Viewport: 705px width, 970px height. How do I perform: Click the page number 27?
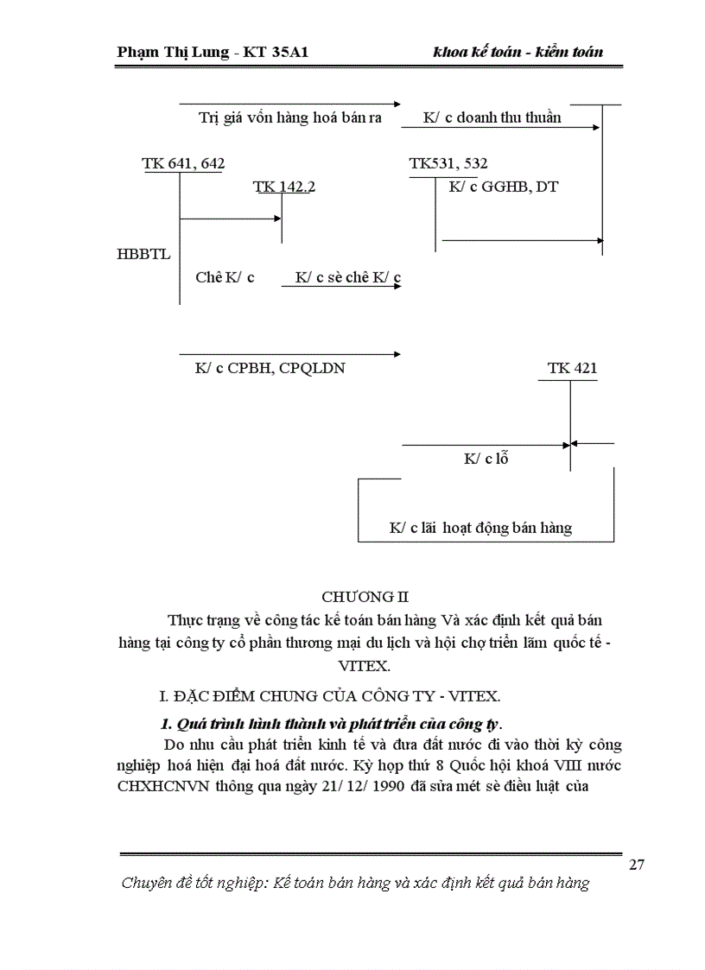point(637,865)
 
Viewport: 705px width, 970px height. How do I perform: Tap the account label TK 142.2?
point(283,187)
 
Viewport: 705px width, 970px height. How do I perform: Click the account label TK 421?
point(572,368)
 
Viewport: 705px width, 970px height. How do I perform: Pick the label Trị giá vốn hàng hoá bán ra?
point(289,117)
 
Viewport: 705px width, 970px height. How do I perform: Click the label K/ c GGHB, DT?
point(504,186)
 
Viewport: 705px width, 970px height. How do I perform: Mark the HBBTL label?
point(143,255)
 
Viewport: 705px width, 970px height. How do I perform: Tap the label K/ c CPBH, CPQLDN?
point(270,368)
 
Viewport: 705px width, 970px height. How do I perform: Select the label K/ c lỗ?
point(486,459)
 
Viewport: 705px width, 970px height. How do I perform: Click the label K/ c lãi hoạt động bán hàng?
point(480,527)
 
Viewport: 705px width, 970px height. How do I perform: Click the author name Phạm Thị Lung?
point(172,53)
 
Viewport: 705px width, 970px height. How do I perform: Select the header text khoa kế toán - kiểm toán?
point(518,53)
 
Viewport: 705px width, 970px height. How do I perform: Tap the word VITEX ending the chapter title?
point(365,666)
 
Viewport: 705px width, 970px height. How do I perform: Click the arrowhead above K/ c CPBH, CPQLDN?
point(397,353)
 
